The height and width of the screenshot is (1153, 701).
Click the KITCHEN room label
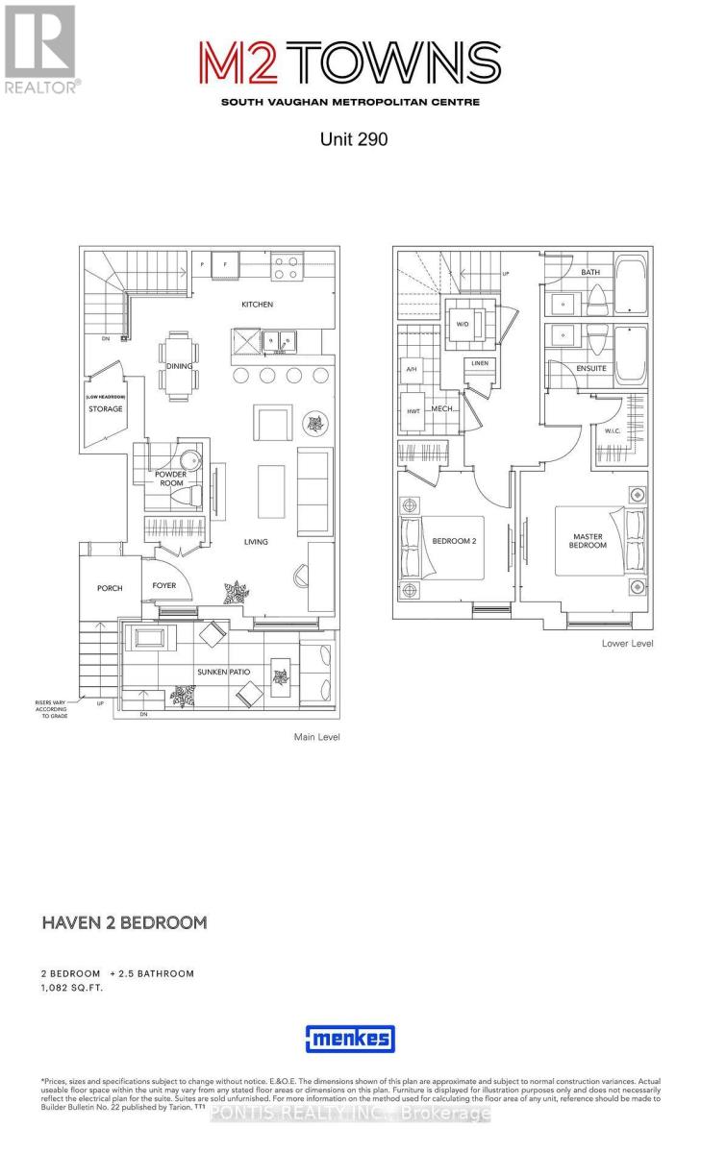click(258, 305)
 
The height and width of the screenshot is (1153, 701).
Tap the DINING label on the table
click(179, 366)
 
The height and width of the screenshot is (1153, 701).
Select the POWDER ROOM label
click(170, 478)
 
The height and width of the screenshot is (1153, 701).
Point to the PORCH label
click(110, 588)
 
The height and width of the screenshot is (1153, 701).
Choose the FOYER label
click(164, 585)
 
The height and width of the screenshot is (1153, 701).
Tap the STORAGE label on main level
click(106, 409)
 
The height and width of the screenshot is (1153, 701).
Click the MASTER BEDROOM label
click(588, 541)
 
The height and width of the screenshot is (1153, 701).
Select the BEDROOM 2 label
click(455, 541)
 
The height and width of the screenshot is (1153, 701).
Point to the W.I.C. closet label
click(613, 431)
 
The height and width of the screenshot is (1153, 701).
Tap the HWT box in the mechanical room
click(413, 411)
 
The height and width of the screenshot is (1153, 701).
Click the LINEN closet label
click(480, 363)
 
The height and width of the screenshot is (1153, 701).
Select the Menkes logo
click(350, 1039)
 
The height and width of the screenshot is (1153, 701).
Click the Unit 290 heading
click(353, 139)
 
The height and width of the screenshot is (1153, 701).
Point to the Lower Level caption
click(627, 643)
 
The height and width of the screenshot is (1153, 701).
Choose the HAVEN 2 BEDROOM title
click(124, 922)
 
